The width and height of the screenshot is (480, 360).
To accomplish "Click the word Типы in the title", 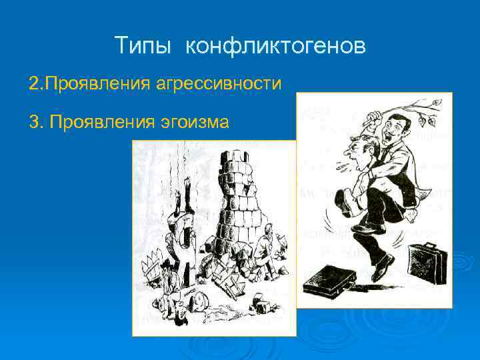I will [143, 46].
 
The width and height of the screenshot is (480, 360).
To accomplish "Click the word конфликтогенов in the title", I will [275, 46].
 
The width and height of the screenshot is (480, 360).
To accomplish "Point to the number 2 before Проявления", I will [33, 85].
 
